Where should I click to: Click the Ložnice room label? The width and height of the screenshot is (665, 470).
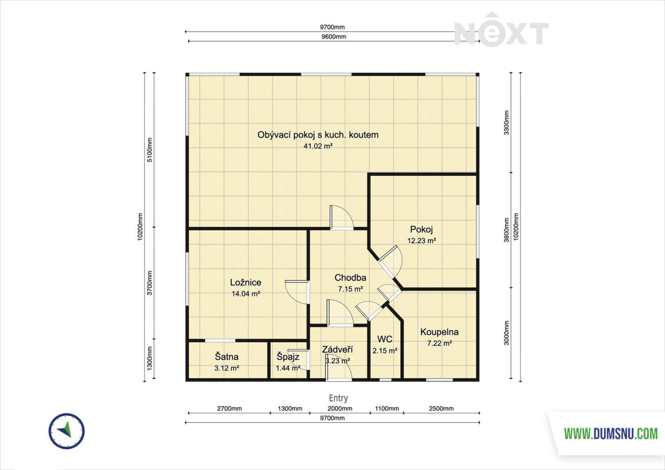tap(246, 282)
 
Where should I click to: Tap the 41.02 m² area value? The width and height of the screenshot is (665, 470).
tap(318, 146)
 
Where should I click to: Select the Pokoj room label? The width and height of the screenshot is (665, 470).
tap(421, 229)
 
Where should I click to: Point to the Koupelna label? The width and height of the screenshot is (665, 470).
tap(439, 332)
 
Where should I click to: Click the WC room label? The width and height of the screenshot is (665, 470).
tap(385, 339)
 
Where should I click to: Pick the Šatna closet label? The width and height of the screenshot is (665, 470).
tap(227, 356)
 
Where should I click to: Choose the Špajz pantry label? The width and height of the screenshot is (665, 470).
tap(288, 356)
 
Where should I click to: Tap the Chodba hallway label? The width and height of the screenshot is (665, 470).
tap(350, 277)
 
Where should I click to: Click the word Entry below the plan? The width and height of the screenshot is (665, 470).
tap(338, 398)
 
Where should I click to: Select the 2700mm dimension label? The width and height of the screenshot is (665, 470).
tap(230, 408)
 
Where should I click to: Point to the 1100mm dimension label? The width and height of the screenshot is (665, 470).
tap(387, 408)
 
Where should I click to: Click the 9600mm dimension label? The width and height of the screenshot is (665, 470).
tap(334, 37)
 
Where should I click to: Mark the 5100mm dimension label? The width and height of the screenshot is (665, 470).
tap(150, 150)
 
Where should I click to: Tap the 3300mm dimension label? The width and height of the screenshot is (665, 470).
tap(506, 123)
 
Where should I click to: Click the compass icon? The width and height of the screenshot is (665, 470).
tap(66, 431)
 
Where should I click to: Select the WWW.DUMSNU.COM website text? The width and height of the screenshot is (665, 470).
tap(610, 434)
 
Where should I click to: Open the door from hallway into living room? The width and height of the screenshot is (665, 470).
tap(342, 217)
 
